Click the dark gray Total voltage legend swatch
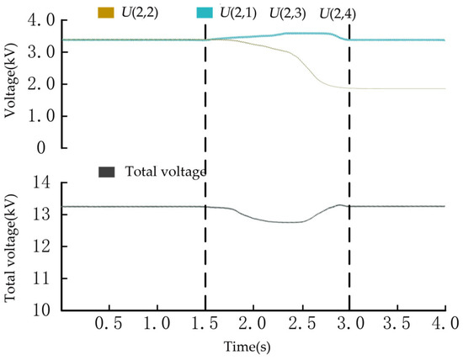click(x=105, y=172)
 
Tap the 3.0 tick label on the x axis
click(x=349, y=324)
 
